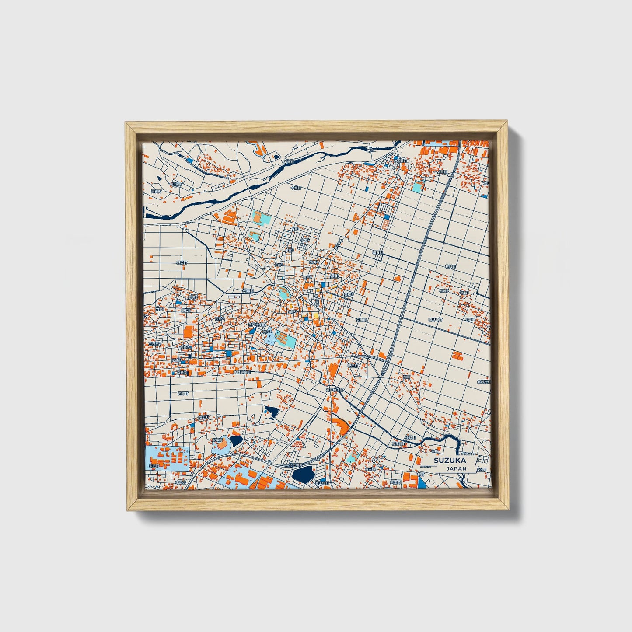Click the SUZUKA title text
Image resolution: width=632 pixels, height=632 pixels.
[450, 460]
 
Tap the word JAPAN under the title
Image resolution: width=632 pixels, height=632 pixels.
[456, 468]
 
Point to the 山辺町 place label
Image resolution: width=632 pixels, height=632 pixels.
[176, 184]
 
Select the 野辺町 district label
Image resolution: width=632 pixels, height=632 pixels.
[182, 263]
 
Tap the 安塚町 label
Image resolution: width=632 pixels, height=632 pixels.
[217, 440]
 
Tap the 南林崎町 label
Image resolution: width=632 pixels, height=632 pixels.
[435, 320]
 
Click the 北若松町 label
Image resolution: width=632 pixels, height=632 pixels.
[484, 382]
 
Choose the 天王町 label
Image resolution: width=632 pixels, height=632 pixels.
[395, 482]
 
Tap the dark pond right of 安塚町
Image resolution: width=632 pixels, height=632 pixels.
[236, 440]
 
